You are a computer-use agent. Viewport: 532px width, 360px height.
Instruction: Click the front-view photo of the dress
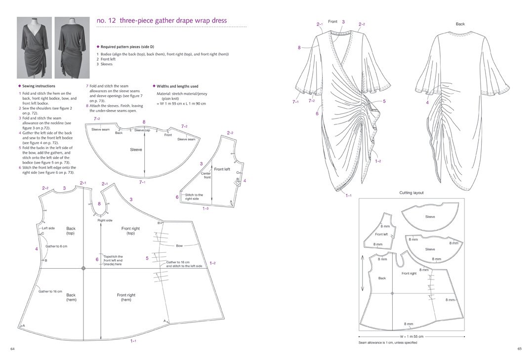coord(34,48)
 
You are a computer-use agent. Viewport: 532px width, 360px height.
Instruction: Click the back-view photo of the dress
coord(72,48)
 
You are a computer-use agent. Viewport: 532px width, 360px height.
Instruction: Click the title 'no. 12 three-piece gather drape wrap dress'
coord(162,20)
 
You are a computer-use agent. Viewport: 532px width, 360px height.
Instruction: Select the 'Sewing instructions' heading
coord(39,86)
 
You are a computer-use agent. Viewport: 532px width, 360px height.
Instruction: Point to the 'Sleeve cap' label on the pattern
coord(142,130)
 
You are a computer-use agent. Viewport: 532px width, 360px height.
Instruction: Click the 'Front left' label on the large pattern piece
coord(222,169)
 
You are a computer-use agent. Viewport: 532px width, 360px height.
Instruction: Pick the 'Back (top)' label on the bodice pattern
coord(71,231)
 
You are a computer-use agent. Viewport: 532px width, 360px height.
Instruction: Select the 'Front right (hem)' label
coord(126,297)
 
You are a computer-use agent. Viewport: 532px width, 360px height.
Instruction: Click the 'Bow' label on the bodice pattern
coord(179,245)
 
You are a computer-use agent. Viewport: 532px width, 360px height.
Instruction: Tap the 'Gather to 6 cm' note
coord(56,246)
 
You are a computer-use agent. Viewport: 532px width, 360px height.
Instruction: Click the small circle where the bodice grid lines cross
coord(83,268)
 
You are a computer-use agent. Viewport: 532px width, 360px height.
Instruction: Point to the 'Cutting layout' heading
coord(411,193)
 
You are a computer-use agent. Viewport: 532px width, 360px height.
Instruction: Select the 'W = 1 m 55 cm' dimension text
coord(412,337)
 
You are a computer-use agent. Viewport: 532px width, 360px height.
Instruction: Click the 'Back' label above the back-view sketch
coord(460,24)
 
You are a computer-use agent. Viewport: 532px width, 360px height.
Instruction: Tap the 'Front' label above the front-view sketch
coord(332,21)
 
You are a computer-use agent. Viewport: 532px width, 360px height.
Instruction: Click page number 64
coord(13,349)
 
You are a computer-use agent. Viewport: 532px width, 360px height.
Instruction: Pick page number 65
coord(519,349)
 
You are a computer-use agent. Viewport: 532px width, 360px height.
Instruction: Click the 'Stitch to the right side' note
coord(194,197)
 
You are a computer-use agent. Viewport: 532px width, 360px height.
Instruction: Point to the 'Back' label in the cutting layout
coord(382,278)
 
